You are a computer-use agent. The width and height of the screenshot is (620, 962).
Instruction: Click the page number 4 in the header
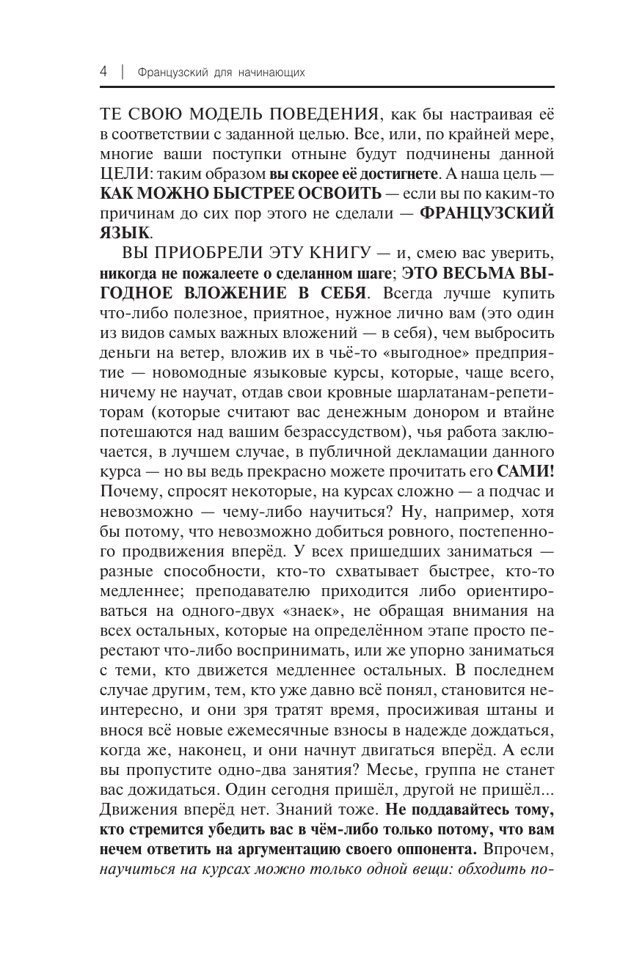103,72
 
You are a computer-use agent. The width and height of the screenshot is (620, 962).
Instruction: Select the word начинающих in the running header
271,73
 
